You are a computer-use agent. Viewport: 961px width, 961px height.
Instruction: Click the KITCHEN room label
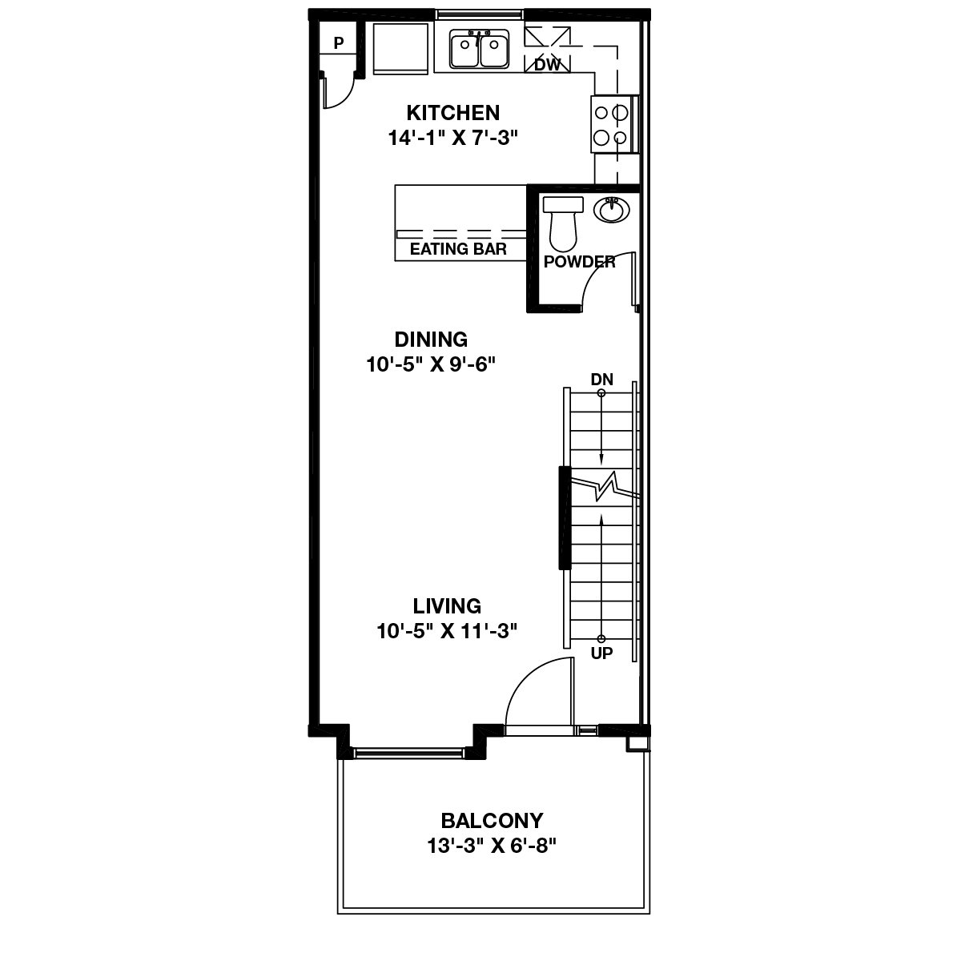[452, 112]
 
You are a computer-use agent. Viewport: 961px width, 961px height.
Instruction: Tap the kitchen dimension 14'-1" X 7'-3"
[453, 138]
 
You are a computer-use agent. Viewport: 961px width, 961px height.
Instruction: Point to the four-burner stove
[610, 124]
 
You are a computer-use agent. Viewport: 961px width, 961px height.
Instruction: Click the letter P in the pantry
[339, 43]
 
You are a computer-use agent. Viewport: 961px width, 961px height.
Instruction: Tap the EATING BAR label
[458, 249]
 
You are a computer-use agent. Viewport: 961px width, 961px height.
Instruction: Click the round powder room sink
[613, 210]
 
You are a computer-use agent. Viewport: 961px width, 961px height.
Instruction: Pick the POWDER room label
[579, 262]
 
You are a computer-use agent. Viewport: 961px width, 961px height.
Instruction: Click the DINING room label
[431, 340]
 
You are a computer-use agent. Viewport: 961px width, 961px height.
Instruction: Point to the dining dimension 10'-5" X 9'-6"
[432, 365]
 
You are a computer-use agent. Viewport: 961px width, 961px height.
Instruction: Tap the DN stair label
[601, 380]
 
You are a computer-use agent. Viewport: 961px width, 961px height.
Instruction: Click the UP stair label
[601, 653]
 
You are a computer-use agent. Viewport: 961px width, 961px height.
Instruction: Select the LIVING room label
[447, 605]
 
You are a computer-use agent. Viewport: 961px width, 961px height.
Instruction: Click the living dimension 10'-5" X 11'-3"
[447, 631]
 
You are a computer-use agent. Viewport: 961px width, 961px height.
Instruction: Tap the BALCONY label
[492, 821]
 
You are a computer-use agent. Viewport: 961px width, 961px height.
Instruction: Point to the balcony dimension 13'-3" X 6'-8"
[492, 846]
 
